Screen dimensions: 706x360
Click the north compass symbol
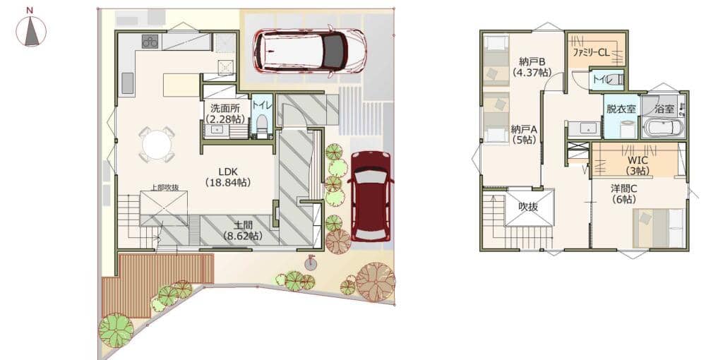[30, 30]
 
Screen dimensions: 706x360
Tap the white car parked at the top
[310, 50]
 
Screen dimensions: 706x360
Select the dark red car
[371, 196]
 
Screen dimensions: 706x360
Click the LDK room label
[228, 177]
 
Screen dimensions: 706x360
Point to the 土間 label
[243, 230]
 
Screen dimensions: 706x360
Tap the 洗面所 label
[225, 114]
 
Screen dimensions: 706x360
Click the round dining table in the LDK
[157, 145]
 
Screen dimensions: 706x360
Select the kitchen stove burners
[150, 41]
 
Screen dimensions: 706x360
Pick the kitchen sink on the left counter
[127, 83]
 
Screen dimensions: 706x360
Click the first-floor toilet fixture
[262, 125]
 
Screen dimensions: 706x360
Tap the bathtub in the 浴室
[663, 127]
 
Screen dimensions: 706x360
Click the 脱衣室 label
[621, 109]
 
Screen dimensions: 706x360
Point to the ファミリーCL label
[591, 52]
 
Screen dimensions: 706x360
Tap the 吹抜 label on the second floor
[528, 207]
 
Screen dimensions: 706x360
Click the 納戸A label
[524, 135]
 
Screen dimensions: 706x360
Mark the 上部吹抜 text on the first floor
[163, 188]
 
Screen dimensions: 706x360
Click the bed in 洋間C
[659, 228]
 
